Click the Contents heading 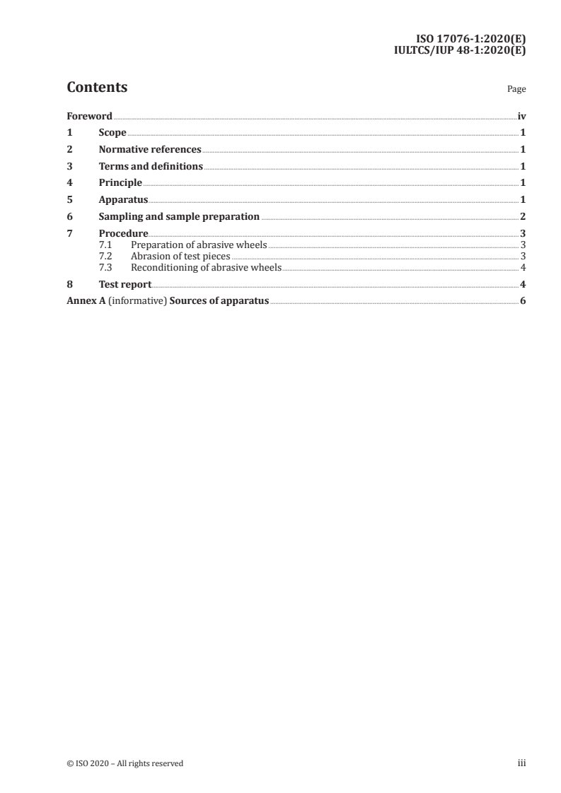(x=97, y=88)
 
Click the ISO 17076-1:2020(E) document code (x=470, y=40)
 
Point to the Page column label (x=516, y=90)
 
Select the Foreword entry (x=89, y=116)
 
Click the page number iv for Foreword (x=521, y=116)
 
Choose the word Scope (x=112, y=133)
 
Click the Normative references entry (x=150, y=150)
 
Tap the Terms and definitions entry (x=151, y=167)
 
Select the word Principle (x=120, y=183)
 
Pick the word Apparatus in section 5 (x=123, y=200)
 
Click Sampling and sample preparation (x=179, y=217)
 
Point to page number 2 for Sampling (x=522, y=217)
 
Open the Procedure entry (x=123, y=233)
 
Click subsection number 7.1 (x=105, y=245)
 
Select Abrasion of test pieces (x=180, y=256)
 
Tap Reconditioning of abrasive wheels (x=206, y=267)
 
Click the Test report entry (x=125, y=284)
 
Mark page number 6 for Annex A (x=522, y=301)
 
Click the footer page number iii (x=521, y=763)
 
